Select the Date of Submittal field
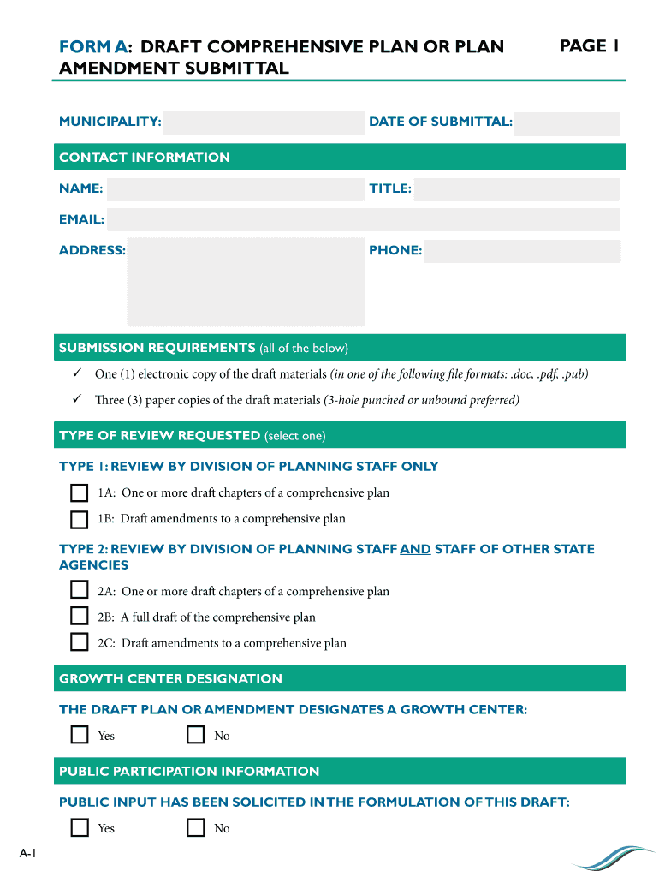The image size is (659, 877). (566, 122)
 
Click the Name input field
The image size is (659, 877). (235, 188)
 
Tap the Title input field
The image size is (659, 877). (516, 188)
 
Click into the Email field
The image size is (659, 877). (363, 219)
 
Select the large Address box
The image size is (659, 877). (246, 282)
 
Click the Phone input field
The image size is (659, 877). (521, 251)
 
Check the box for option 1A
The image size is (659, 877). (80, 493)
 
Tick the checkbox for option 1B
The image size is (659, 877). (80, 519)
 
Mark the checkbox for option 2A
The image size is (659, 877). (80, 590)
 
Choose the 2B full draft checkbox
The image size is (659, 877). (80, 617)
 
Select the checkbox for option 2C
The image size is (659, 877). (80, 642)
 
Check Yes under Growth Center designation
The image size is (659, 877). (80, 735)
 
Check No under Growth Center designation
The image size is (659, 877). (196, 735)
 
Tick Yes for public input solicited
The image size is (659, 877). (80, 827)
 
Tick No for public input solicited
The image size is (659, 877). (196, 827)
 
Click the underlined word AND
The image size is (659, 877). (415, 549)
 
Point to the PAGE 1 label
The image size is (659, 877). (589, 46)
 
